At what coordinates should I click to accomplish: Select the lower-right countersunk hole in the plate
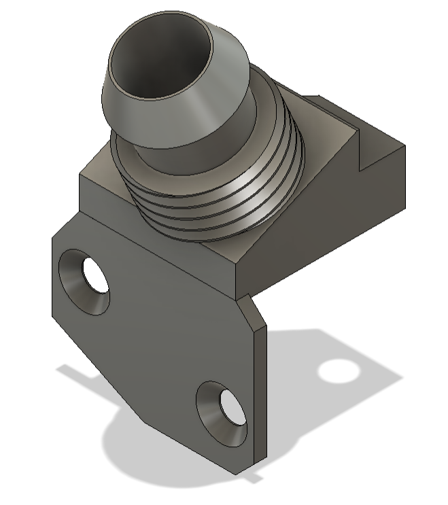click(222, 414)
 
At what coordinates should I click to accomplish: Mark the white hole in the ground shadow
click(338, 370)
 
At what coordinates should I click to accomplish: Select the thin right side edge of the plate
click(261, 394)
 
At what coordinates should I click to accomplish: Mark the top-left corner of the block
click(81, 176)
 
